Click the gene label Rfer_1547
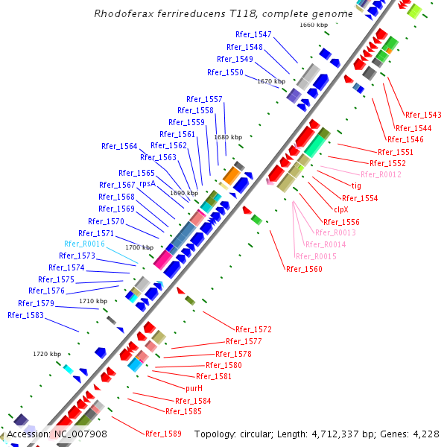(x=253, y=34)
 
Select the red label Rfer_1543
(x=423, y=115)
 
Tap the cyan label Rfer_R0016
(x=84, y=244)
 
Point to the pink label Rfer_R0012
(x=385, y=174)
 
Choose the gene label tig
(x=356, y=186)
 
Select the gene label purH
(x=194, y=388)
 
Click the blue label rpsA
(x=147, y=183)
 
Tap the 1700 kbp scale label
(x=139, y=247)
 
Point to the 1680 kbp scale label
(x=228, y=137)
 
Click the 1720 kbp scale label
(x=46, y=353)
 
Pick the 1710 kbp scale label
(x=93, y=301)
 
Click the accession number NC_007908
(x=80, y=434)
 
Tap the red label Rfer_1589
(x=163, y=433)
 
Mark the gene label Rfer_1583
(x=25, y=315)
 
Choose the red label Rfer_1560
(x=304, y=269)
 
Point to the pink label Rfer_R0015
(x=316, y=256)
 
